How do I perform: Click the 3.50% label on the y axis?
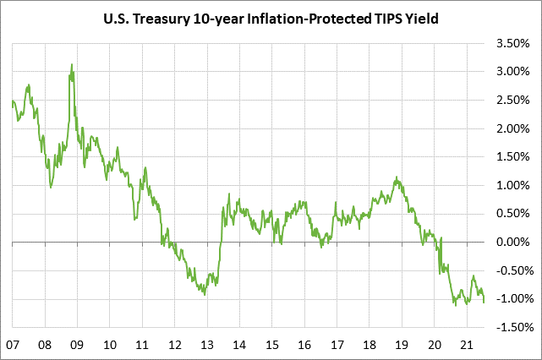pyautogui.click(x=512, y=43)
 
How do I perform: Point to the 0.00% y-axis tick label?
pyautogui.click(x=512, y=242)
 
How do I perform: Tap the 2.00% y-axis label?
pyautogui.click(x=512, y=128)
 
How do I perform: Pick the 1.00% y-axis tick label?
pyautogui.click(x=512, y=185)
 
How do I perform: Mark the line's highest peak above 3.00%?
pyautogui.click(x=72, y=64)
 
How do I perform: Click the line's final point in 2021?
pyautogui.click(x=485, y=303)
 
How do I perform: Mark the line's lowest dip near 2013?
pyautogui.click(x=205, y=294)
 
